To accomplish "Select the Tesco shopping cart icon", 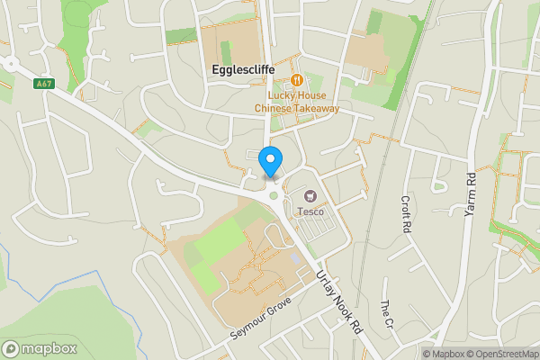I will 312,195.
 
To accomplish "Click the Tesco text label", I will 310,212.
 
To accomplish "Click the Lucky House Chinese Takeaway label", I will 296,102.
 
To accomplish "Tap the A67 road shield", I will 43,85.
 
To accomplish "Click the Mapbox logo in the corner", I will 39,348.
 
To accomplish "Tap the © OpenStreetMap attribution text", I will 500,354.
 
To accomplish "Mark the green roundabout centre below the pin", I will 274,195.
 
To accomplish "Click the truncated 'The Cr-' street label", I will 387,314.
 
